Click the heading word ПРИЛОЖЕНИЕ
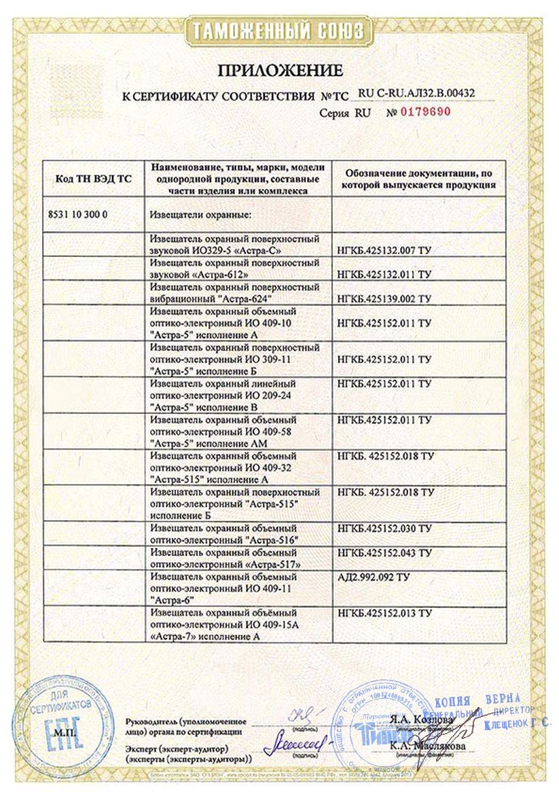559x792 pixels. click(279, 70)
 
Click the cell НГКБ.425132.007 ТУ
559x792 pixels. click(384, 252)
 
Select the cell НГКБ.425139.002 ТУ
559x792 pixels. click(384, 298)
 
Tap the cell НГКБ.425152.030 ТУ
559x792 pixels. click(384, 528)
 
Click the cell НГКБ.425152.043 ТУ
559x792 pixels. click(384, 553)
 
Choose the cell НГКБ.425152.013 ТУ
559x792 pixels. click(384, 613)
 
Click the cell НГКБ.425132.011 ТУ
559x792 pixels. click(384, 275)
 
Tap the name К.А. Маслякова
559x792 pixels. click(418, 746)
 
